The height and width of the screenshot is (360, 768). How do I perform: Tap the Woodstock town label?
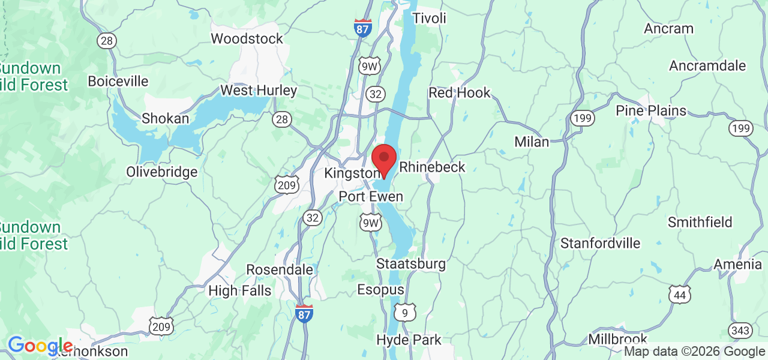247,38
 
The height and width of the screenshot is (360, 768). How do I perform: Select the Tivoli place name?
430,18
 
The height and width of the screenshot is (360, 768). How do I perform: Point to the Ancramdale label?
707,65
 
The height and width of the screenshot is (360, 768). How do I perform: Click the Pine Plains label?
651,111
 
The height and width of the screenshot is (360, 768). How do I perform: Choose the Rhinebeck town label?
432,167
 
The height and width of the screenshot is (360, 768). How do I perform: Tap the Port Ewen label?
371,197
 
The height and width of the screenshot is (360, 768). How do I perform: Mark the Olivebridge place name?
161,172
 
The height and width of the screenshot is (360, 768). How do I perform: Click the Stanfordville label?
600,244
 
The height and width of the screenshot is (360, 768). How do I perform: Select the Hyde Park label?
409,340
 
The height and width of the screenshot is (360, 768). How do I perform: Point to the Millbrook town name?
618,339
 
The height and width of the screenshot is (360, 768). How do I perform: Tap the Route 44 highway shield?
680,294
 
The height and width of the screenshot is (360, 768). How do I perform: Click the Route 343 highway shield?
740,330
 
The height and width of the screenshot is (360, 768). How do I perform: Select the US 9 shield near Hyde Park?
406,312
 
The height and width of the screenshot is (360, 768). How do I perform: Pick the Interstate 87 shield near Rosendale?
304,313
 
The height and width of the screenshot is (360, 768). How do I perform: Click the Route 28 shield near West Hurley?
282,119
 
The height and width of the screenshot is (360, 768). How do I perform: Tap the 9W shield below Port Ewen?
371,223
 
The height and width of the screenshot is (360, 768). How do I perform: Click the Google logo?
40,346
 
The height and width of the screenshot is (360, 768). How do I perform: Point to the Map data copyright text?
694,352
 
